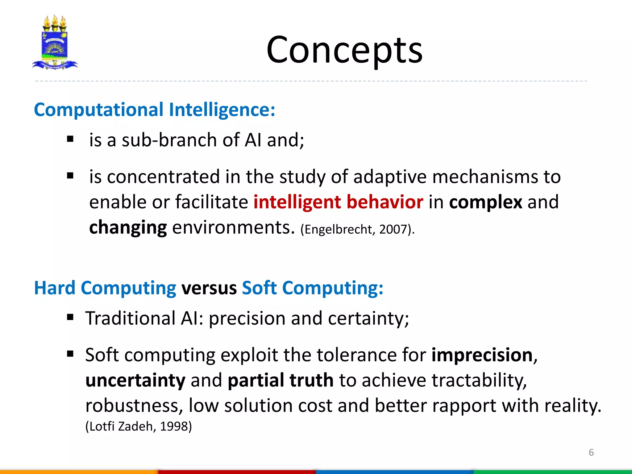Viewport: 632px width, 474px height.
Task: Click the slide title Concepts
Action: point(344,50)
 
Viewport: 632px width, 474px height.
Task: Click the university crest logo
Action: point(55,43)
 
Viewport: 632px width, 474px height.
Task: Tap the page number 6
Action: point(591,452)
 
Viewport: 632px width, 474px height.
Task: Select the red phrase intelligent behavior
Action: point(338,202)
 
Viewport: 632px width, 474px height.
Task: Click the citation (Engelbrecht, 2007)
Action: point(357,230)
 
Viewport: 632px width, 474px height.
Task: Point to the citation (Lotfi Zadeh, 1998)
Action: point(139,426)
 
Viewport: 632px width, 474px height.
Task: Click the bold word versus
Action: point(209,288)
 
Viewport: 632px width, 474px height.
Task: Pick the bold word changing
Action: point(128,227)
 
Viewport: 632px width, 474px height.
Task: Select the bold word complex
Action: point(485,202)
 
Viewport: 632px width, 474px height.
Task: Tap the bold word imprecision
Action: point(482,355)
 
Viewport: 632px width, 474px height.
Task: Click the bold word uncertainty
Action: point(135,380)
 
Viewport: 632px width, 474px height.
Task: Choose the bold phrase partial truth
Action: point(281,380)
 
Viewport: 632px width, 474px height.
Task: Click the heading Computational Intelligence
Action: point(154,110)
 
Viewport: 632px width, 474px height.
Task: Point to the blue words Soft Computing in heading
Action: point(312,288)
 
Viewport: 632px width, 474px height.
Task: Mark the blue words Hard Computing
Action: point(105,288)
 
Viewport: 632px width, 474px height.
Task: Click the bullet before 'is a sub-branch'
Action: point(70,139)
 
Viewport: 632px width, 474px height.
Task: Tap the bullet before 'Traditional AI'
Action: point(70,317)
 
